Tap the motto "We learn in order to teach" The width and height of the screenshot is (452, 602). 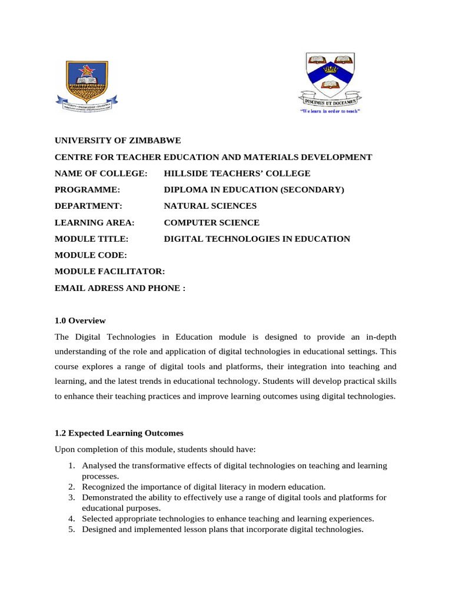click(x=330, y=111)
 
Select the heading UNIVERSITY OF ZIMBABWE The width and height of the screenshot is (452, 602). click(x=118, y=141)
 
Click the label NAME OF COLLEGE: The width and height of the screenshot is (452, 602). click(x=101, y=173)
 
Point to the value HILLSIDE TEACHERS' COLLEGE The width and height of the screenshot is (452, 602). click(x=237, y=173)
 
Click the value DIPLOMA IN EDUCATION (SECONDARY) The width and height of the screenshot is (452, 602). click(x=254, y=190)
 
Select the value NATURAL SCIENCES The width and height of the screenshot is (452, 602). click(x=210, y=206)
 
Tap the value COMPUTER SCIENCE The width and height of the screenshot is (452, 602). click(x=211, y=223)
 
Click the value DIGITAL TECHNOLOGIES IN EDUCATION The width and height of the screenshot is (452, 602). click(x=257, y=239)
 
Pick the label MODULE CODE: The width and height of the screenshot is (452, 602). click(x=91, y=255)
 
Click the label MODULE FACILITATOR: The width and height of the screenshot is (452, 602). click(x=109, y=272)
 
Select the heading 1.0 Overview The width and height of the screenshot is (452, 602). click(x=80, y=321)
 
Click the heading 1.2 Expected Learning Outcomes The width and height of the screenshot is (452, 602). click(x=119, y=433)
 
